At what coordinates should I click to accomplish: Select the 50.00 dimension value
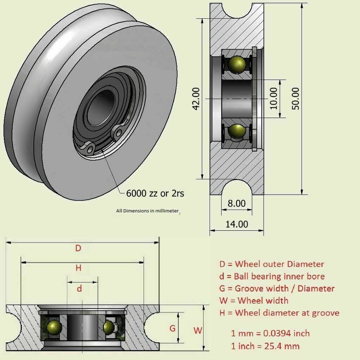(295, 98)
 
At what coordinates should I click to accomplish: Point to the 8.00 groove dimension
(237, 203)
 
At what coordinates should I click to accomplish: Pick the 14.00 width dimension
(237, 224)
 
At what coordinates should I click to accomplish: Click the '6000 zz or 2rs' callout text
(155, 193)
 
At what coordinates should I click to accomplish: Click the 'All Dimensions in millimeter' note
(147, 211)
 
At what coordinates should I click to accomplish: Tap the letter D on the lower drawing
(78, 248)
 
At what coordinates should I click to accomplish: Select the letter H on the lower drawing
(78, 268)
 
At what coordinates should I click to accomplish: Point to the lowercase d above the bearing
(79, 288)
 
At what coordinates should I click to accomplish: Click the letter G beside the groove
(172, 328)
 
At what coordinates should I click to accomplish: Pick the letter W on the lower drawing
(198, 330)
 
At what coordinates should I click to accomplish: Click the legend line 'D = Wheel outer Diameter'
(271, 264)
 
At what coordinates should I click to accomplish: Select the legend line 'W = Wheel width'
(253, 300)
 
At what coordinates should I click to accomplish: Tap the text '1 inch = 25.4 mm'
(265, 346)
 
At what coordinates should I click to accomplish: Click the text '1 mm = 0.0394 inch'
(270, 333)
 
